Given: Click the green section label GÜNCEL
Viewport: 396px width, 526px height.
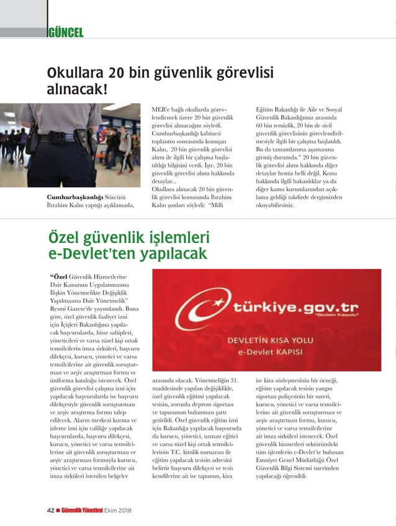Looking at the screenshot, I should pyautogui.click(x=65, y=32).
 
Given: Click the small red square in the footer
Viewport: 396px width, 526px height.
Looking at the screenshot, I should pyautogui.click(x=58, y=510).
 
